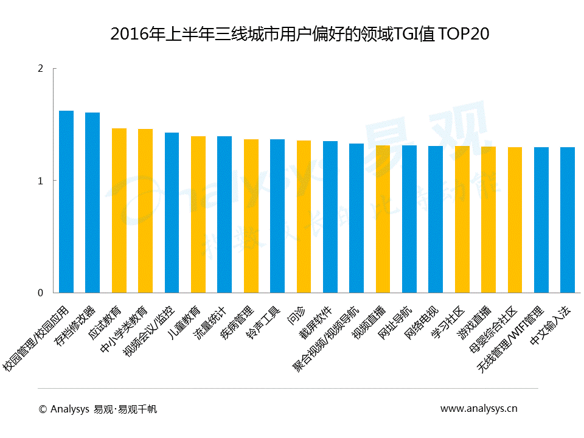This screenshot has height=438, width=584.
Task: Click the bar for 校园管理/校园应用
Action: click(66, 202)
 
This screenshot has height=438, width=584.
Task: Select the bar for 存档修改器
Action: click(92, 203)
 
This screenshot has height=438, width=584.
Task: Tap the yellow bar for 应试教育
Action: click(119, 210)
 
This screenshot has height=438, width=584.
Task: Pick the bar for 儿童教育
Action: click(198, 214)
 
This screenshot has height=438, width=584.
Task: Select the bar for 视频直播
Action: click(383, 219)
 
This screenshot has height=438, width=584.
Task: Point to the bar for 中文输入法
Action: click(568, 220)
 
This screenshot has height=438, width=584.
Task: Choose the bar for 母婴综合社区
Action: click(515, 220)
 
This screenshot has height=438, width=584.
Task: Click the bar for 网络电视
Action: click(436, 219)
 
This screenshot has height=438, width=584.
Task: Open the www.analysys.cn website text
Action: click(479, 409)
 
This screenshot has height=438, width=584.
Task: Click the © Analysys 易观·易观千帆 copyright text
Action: click(97, 409)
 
